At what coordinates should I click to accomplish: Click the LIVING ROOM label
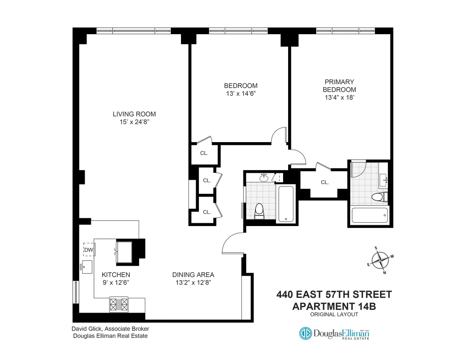[x=134, y=114]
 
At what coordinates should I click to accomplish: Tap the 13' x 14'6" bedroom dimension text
[x=241, y=94]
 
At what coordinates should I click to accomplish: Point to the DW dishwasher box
[x=89, y=250]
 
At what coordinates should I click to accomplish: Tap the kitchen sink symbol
[x=87, y=267]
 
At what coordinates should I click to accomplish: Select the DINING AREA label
[x=193, y=275]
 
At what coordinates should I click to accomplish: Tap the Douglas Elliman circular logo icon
[x=305, y=333]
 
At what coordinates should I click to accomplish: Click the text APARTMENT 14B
[x=334, y=306]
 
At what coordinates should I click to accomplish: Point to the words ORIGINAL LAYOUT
[x=334, y=315]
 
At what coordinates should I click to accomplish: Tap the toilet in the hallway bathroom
[x=259, y=210]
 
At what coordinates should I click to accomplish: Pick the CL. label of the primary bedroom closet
[x=325, y=182]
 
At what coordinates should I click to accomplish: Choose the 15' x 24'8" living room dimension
[x=134, y=122]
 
